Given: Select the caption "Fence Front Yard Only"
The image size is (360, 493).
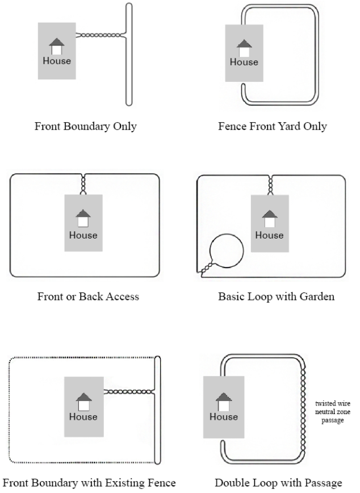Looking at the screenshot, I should (272, 127).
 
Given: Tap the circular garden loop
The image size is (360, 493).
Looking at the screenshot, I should (227, 252).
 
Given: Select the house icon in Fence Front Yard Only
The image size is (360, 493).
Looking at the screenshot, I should (244, 48).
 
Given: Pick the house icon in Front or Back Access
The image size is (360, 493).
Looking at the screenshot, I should (83, 219).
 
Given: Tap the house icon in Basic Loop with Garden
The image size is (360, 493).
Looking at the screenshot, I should (269, 219).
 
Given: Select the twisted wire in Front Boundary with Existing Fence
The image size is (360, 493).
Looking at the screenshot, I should (128, 391).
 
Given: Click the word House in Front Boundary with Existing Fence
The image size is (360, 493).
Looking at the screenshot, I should (83, 416).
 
